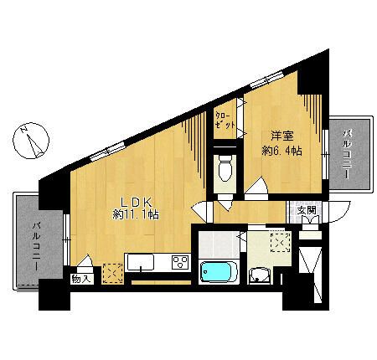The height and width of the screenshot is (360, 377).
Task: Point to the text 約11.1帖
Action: (x=136, y=216)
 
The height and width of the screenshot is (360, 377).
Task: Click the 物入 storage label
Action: (x=81, y=279)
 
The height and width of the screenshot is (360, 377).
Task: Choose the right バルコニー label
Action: (x=348, y=153)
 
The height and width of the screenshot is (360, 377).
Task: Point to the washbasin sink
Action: (x=262, y=275)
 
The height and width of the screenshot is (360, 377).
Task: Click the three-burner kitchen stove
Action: (x=180, y=262)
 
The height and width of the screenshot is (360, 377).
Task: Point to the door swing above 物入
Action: (x=87, y=261)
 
